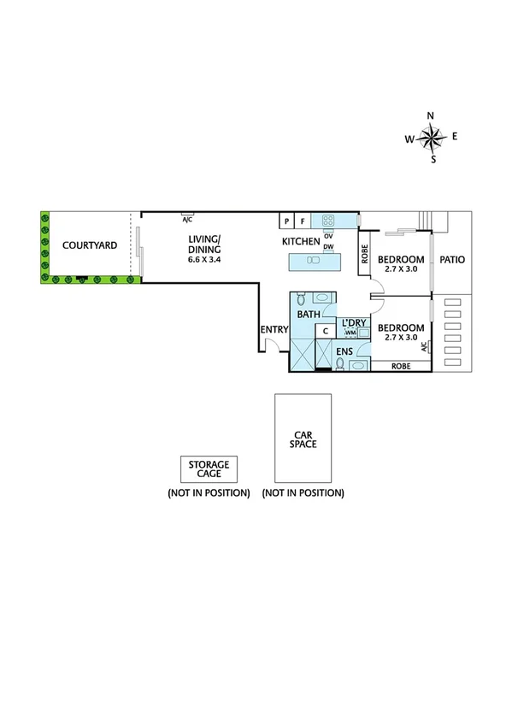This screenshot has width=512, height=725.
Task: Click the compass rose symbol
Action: pos(433,137)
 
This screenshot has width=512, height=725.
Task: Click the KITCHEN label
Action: pos(301,242)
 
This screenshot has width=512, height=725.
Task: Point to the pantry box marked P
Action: pos(286,221)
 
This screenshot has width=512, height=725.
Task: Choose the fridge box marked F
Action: pos(302,221)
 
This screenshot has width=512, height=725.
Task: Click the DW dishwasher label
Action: pos(328,246)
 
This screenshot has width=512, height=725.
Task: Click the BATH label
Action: pos(308,315)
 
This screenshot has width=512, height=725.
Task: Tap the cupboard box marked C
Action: pos(326,332)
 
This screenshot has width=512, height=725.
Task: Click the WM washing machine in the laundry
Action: pos(350,332)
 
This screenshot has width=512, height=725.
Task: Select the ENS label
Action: pos(344,351)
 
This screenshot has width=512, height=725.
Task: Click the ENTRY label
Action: pos(274,330)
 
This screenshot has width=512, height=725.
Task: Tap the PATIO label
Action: pos(453,259)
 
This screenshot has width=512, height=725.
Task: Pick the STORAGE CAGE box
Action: pos(209,469)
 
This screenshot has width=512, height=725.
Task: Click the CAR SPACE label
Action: pos(303,438)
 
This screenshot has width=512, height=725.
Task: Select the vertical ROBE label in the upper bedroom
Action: pos(364,254)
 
